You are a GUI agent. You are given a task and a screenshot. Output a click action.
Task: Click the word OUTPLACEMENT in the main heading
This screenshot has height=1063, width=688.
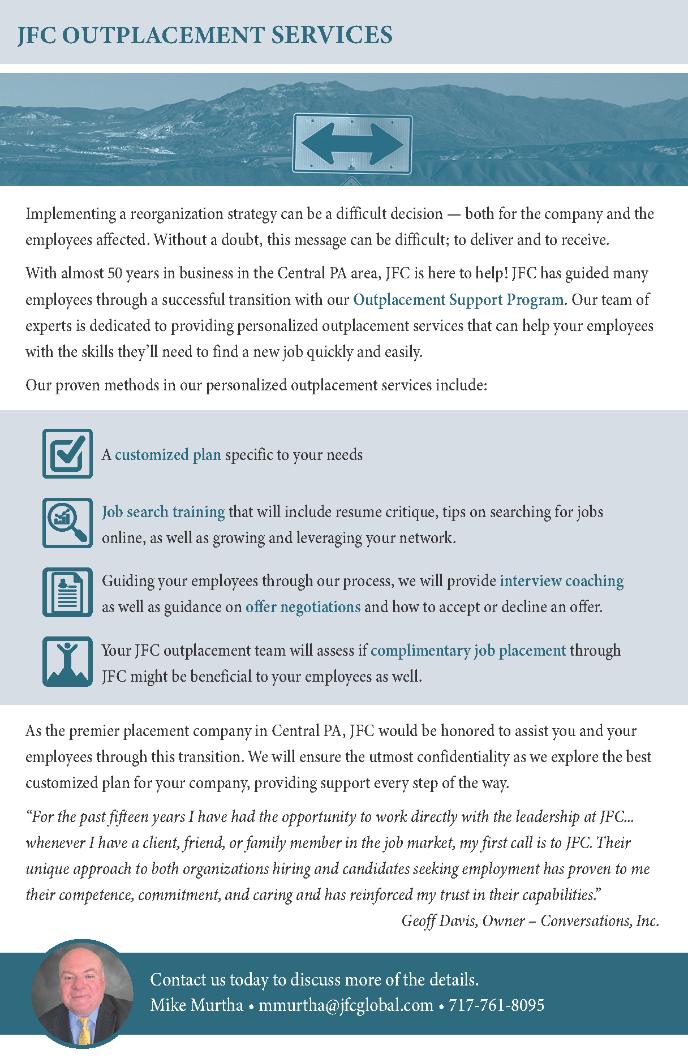[163, 35]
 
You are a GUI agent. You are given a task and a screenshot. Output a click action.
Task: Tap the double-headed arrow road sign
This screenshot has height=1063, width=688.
[352, 144]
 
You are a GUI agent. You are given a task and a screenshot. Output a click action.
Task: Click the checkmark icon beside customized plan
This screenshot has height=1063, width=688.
[67, 454]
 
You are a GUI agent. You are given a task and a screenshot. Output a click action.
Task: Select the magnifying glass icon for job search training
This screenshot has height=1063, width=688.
[67, 523]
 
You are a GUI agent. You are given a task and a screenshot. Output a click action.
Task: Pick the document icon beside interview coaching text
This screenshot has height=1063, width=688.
[67, 592]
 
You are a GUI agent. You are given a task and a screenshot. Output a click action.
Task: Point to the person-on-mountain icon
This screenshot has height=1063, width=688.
[67, 661]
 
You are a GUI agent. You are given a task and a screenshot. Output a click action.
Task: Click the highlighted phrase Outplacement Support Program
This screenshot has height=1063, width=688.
[458, 300]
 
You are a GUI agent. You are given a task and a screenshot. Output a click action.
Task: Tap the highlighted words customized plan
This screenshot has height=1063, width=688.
[167, 455]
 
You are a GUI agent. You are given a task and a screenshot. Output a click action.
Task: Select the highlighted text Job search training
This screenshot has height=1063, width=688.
[163, 512]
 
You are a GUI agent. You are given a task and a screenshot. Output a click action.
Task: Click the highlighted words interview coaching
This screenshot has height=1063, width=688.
[561, 581]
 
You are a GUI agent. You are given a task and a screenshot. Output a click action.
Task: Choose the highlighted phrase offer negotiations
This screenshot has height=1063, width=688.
[303, 607]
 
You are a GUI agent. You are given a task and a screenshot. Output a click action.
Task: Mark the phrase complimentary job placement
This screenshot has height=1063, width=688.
[468, 651]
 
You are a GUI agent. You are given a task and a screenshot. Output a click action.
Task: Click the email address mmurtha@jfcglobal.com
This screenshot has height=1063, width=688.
[346, 1005]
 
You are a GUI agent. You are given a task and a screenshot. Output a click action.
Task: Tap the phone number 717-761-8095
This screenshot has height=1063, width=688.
[496, 1005]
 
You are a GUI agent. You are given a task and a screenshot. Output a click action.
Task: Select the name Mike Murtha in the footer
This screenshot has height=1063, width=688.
[196, 1005]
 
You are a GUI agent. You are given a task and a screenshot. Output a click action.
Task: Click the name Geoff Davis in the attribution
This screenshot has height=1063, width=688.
[439, 921]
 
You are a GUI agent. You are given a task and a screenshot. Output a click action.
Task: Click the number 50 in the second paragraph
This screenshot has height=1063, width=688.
[115, 274]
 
